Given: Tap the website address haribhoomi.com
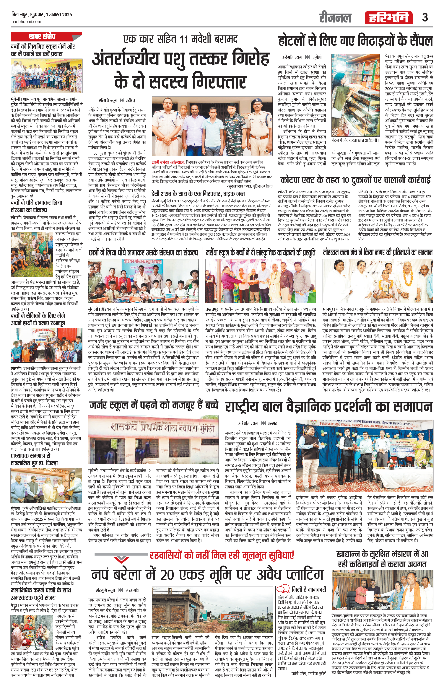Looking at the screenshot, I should (26, 22).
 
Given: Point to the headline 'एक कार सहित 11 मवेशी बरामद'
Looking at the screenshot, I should (180, 39).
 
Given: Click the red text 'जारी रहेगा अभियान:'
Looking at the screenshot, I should (168, 163).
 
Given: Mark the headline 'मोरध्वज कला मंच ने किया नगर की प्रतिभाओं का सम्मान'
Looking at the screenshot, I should (378, 252).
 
